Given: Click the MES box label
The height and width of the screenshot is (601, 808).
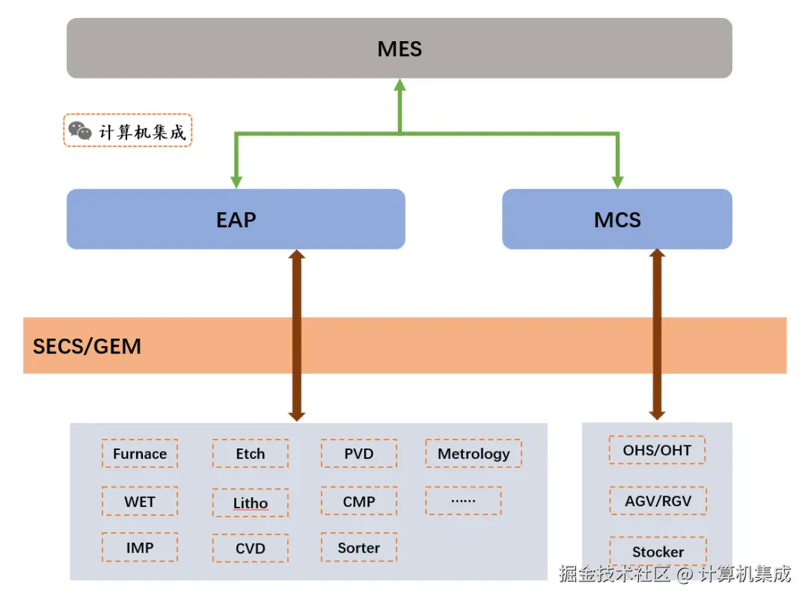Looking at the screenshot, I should [x=400, y=49].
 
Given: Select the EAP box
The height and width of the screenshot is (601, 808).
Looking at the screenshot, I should [x=236, y=220].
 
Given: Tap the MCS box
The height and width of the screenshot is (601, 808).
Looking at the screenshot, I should [x=616, y=220].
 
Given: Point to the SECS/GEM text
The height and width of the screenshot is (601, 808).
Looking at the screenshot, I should [x=87, y=346].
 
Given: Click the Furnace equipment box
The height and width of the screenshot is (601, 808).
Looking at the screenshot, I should [x=140, y=454].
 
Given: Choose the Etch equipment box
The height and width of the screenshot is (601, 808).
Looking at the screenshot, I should [x=250, y=454].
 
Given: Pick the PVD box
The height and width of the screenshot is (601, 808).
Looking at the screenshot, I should [x=359, y=454].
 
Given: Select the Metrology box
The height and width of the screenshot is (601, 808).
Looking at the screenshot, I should [x=474, y=454].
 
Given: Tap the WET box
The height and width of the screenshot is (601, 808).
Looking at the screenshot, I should [x=140, y=502].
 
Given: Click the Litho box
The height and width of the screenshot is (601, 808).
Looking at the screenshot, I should [x=250, y=503].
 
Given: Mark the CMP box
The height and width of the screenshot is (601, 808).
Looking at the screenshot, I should [x=359, y=502].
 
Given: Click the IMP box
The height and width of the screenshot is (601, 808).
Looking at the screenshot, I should [x=140, y=548].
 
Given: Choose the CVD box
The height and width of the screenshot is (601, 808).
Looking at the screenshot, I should [x=250, y=549].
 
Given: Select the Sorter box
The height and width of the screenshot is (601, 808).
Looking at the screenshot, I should [x=359, y=548].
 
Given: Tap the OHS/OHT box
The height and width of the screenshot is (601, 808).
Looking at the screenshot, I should [x=657, y=450].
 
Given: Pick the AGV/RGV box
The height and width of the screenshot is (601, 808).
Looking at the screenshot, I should [x=658, y=501].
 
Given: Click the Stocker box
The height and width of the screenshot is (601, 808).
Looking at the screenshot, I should [x=658, y=552].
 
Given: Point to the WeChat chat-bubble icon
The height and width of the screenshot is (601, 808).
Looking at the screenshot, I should [x=80, y=131].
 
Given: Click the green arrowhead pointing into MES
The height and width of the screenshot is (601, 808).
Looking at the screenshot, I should [x=400, y=84].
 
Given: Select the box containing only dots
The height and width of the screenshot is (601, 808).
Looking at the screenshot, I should [x=463, y=501].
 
